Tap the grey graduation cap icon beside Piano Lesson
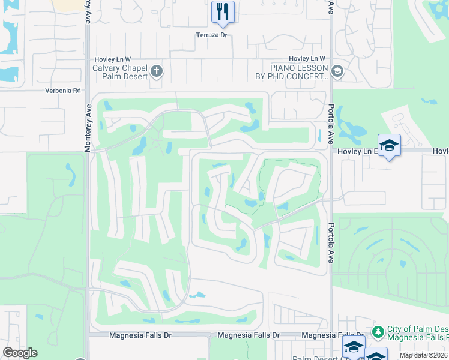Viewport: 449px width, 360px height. click(x=337, y=72)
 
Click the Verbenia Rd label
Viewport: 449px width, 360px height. click(x=62, y=91)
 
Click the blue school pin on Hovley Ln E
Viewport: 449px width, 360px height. click(x=389, y=145)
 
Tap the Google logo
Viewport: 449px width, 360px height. click(x=20, y=353)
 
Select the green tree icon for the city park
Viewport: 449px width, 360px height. click(x=378, y=331)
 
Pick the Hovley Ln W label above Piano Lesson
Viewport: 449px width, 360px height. click(x=306, y=58)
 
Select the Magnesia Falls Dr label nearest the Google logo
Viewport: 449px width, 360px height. click(x=136, y=335)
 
